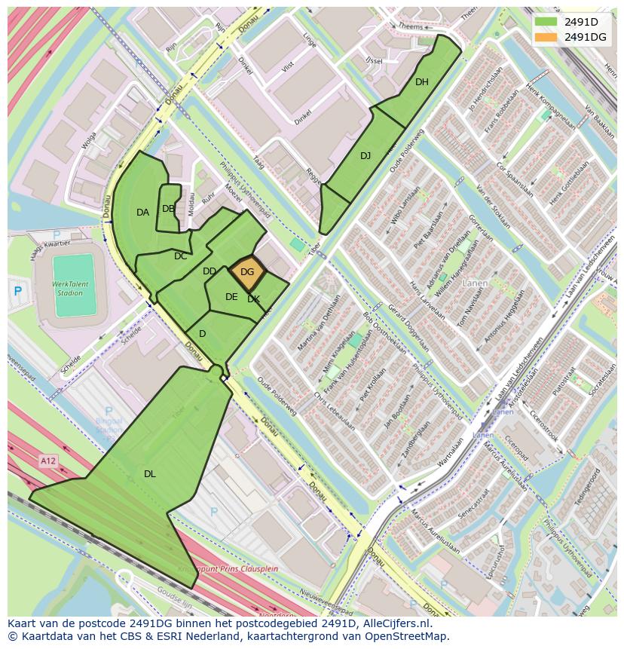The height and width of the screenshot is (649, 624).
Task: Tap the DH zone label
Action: pyautogui.click(x=422, y=82)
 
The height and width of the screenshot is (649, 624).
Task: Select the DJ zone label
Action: pyautogui.click(x=366, y=156)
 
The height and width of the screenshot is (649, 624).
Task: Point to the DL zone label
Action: pyautogui.click(x=150, y=474)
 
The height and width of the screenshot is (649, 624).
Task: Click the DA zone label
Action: pyautogui.click(x=142, y=213)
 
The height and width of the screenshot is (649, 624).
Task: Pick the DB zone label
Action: pyautogui.click(x=168, y=209)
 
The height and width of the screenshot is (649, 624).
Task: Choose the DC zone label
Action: pyautogui.click(x=180, y=256)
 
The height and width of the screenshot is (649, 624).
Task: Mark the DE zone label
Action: pyautogui.click(x=231, y=297)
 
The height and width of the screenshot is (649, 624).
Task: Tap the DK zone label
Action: pyautogui.click(x=254, y=299)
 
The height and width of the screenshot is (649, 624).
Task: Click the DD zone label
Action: pyautogui.click(x=210, y=271)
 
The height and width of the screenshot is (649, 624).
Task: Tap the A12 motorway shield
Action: pyautogui.click(x=48, y=460)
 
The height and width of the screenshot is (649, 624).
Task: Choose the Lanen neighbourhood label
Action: pyautogui.click(x=475, y=283)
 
